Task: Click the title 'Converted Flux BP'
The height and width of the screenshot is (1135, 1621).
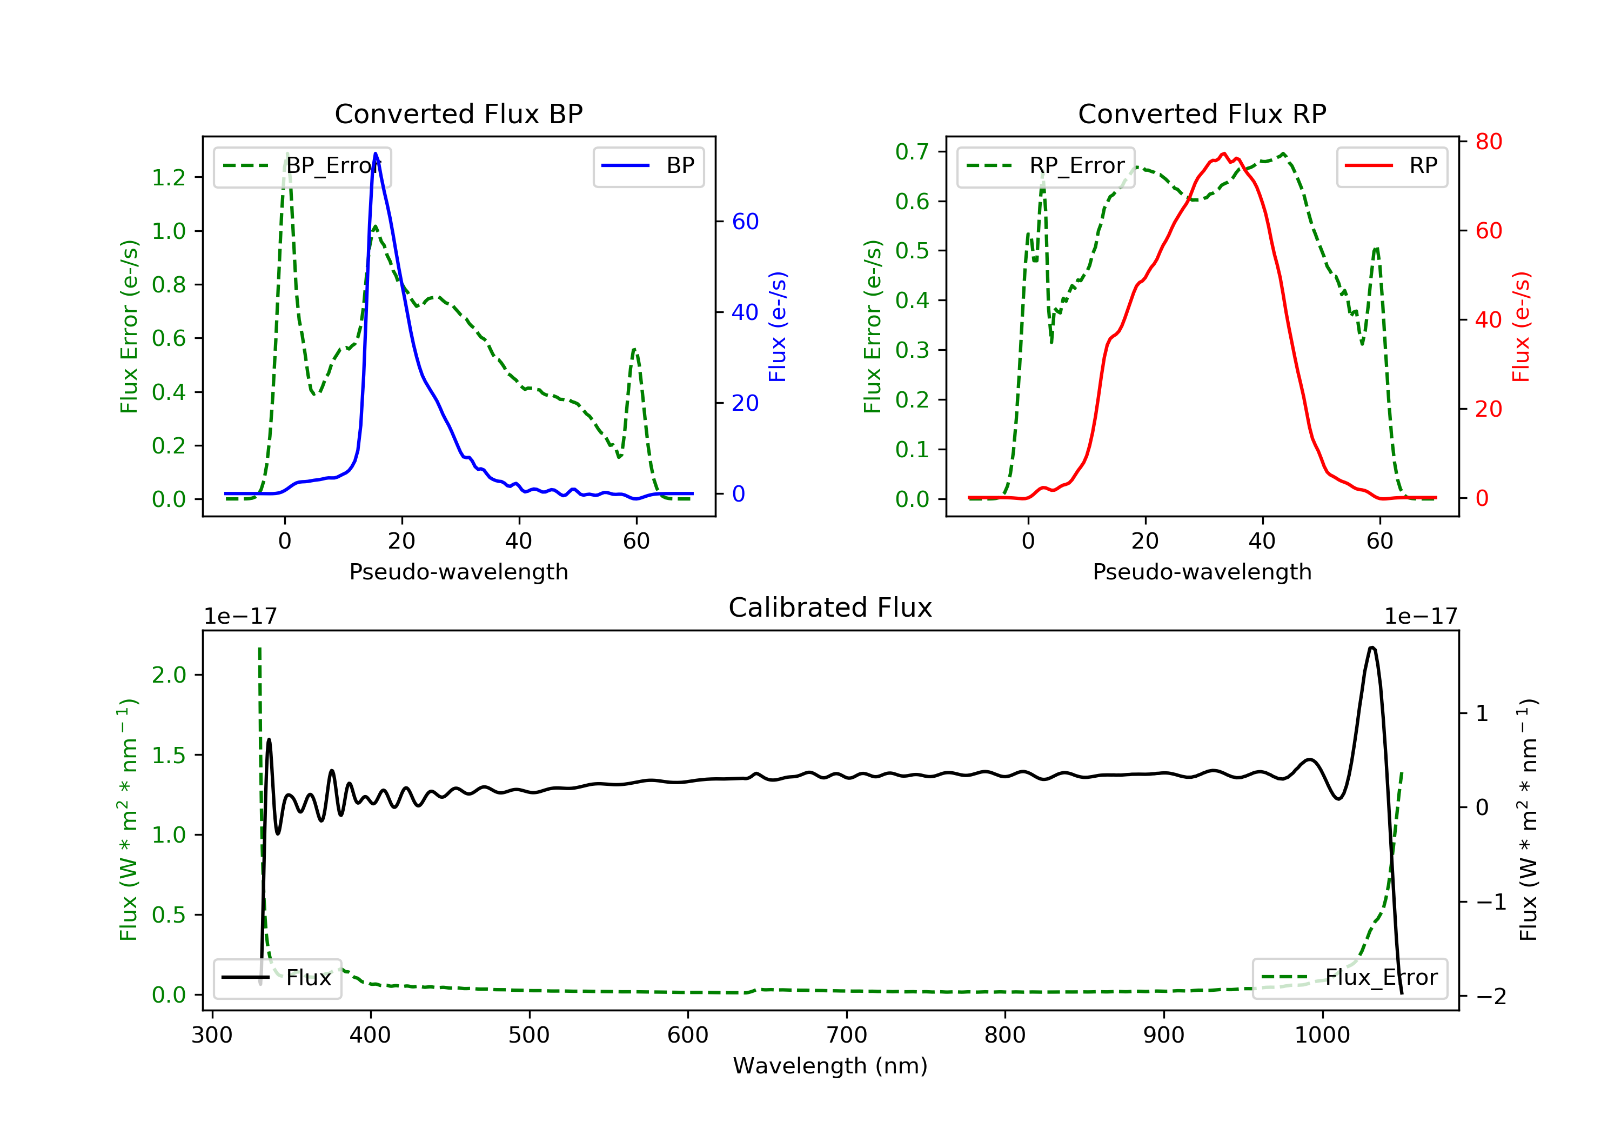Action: pyautogui.click(x=458, y=113)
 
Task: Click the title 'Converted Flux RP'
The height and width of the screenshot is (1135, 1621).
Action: pyautogui.click(x=1202, y=113)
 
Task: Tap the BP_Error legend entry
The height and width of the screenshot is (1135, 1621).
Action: pyautogui.click(x=302, y=166)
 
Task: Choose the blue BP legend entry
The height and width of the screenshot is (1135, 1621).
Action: pyautogui.click(x=648, y=166)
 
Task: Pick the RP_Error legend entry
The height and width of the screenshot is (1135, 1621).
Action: pyautogui.click(x=1046, y=166)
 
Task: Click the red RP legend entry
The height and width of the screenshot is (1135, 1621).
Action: pyautogui.click(x=1391, y=166)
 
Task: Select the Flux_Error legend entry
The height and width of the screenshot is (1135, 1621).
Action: pyautogui.click(x=1349, y=978)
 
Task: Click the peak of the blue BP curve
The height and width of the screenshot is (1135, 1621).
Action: pyautogui.click(x=375, y=153)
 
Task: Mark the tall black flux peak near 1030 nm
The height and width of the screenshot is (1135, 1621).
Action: pyautogui.click(x=1371, y=647)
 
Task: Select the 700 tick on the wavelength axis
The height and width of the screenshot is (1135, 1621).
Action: pyautogui.click(x=847, y=1036)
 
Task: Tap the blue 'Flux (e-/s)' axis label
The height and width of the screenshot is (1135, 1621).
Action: pyautogui.click(x=778, y=326)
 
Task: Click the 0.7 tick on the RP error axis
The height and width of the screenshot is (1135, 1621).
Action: pyautogui.click(x=912, y=151)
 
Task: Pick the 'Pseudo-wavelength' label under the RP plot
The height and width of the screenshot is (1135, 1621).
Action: pyautogui.click(x=1202, y=571)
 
